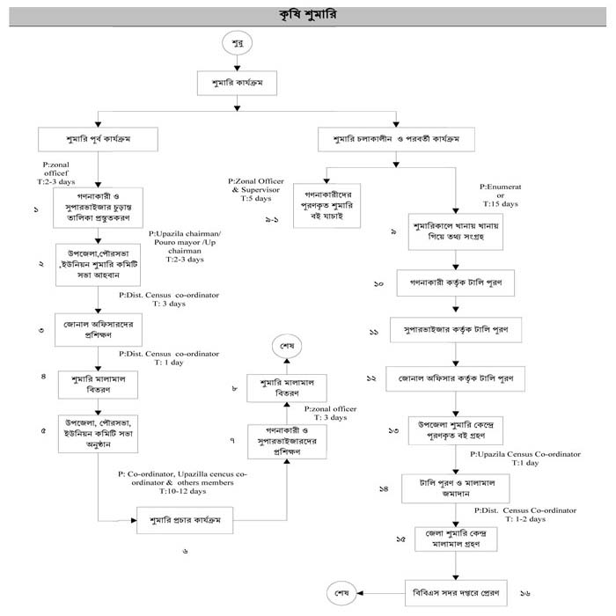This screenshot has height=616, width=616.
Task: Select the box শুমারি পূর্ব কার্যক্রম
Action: coord(98,138)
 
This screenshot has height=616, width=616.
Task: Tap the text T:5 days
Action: coord(253,199)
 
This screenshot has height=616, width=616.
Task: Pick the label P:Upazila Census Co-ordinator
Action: coord(525,454)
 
